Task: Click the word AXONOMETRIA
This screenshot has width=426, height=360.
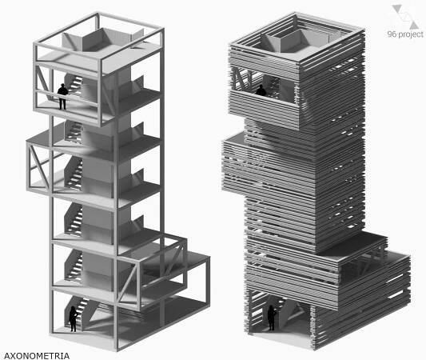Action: pos(37,356)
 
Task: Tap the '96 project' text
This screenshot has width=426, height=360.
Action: pos(405,34)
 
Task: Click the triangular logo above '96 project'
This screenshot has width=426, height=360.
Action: pos(404,16)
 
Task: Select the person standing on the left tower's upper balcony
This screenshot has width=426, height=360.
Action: pos(62,97)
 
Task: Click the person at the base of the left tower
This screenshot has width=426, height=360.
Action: pos(74,318)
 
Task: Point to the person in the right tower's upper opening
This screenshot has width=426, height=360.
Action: pos(261,90)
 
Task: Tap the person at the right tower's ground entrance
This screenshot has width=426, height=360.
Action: pos(272,318)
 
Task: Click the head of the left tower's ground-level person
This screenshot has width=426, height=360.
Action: pos(73,309)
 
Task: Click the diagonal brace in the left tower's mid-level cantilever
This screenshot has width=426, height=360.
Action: pos(39,166)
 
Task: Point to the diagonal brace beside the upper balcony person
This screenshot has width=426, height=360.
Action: pos(42,79)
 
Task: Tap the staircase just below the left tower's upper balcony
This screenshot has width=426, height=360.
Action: pos(74,132)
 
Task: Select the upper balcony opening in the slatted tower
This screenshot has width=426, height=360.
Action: pos(264,83)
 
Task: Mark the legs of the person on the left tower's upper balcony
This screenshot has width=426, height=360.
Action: pos(63,103)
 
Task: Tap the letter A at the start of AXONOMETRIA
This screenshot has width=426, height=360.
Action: pos(6,356)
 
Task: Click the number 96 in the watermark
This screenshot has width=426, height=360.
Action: pos(392,34)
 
